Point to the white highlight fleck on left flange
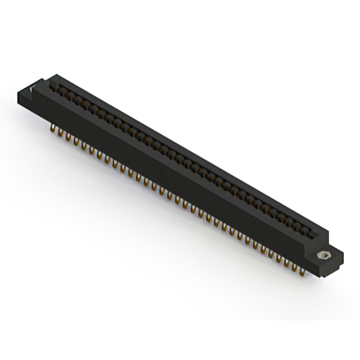31,88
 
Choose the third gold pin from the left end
68,136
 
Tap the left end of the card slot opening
53,85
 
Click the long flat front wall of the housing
169,169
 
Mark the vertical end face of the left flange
25,100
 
